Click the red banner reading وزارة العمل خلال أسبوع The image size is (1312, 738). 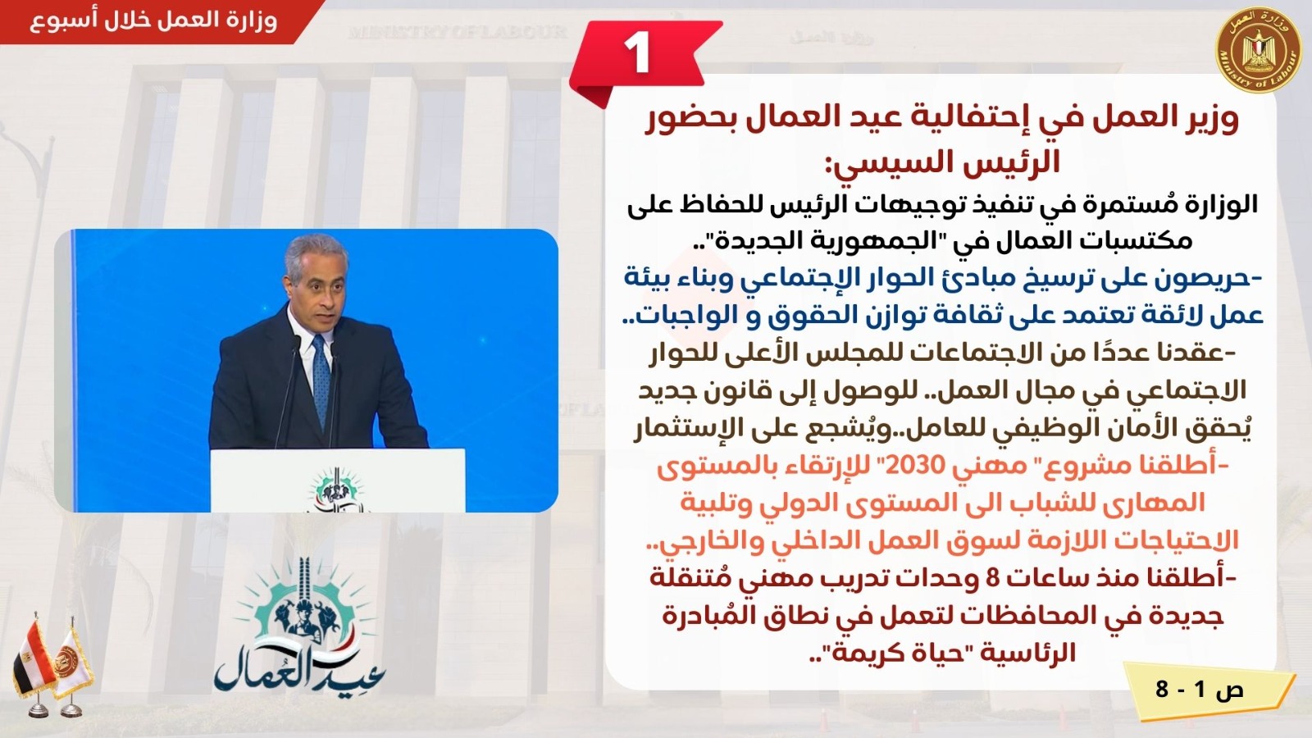(x=159, y=21)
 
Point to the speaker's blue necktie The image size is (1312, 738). (x=321, y=380)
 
